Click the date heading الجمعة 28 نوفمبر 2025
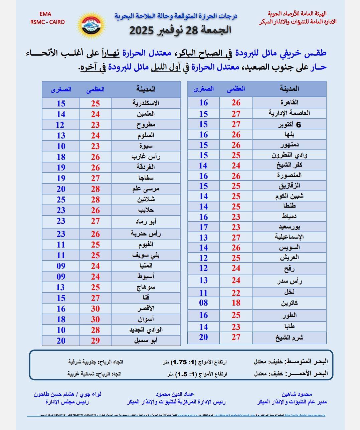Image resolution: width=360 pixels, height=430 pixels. coord(180,30)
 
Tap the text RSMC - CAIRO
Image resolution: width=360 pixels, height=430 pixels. coord(47,22)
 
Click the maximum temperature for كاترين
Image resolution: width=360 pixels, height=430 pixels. coord(236,303)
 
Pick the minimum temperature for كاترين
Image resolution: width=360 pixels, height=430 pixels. coord(203,303)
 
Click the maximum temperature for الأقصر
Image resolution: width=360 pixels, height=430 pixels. coord(96,309)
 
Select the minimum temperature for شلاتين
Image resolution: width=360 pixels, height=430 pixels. coord(61,199)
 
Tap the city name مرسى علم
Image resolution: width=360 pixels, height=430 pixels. coord(146,189)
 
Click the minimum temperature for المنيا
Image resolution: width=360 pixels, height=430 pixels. coord(61,266)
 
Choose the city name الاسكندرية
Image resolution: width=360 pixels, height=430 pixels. coord(146,103)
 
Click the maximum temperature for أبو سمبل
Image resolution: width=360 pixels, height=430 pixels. coord(96,341)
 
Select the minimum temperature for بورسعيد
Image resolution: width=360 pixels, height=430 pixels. coord(203,227)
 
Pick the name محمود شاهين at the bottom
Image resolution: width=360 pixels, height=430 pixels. coord(297,394)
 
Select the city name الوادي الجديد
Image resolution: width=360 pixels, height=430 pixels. coord(146,330)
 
